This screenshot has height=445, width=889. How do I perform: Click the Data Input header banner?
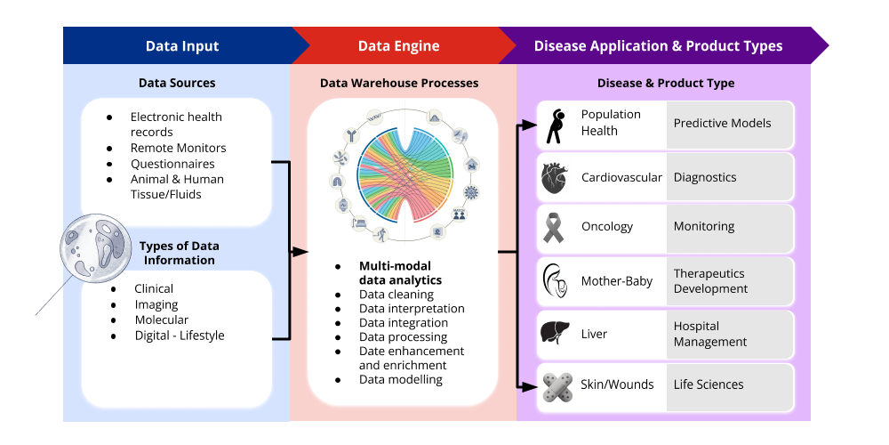pyautogui.click(x=181, y=46)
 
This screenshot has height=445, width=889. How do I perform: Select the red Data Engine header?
pyautogui.click(x=398, y=46)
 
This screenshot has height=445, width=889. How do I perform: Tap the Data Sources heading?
pyautogui.click(x=177, y=84)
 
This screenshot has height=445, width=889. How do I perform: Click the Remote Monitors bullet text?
pyautogui.click(x=178, y=148)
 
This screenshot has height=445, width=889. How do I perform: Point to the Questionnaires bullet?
pyautogui.click(x=172, y=164)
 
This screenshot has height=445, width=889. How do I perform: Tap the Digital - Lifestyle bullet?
pyautogui.click(x=179, y=336)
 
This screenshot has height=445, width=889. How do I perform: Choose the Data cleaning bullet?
pyautogui.click(x=396, y=295)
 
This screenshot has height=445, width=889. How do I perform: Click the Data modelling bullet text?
pyautogui.click(x=400, y=379)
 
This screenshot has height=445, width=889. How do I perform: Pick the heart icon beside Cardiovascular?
pyautogui.click(x=554, y=178)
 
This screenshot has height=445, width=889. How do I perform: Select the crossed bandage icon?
pyautogui.click(x=554, y=385)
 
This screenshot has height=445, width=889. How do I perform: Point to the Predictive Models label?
pyautogui.click(x=722, y=124)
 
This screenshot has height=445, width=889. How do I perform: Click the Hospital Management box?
pyautogui.click(x=729, y=334)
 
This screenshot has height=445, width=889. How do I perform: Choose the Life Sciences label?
pyautogui.click(x=709, y=384)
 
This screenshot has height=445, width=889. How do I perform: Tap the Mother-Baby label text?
pyautogui.click(x=616, y=281)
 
